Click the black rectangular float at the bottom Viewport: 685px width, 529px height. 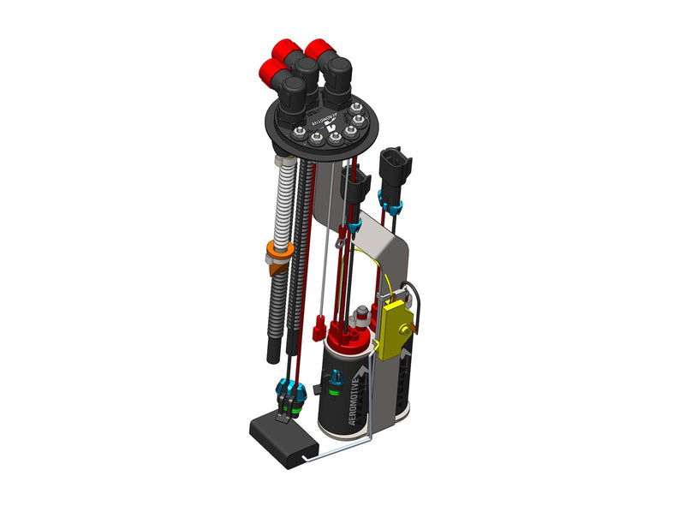282,440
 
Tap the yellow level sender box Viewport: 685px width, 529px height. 395,327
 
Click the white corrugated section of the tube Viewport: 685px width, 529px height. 281,205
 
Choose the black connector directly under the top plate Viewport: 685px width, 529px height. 354,183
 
